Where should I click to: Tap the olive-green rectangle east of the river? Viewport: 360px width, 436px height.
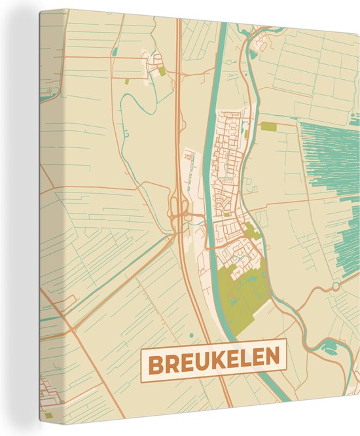[269, 126]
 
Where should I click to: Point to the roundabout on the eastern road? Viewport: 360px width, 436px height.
[335, 287]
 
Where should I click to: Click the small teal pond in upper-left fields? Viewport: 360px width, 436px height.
[115, 51]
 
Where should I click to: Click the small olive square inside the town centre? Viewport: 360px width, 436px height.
[226, 214]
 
